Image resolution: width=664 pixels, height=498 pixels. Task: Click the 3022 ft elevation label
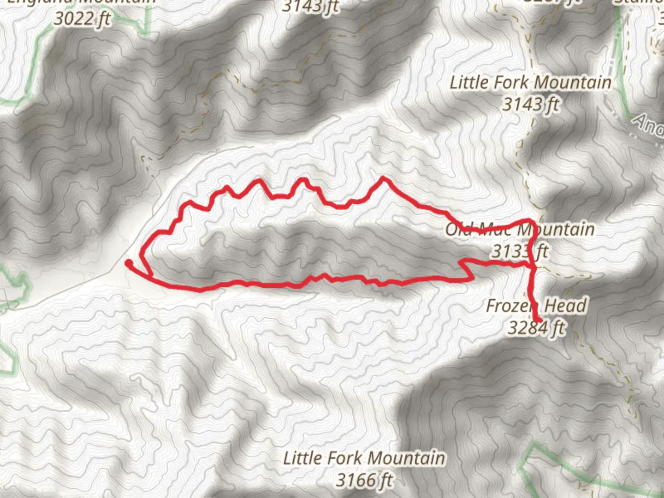click(82, 19)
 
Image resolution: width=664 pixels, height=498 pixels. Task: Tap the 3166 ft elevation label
click(364, 480)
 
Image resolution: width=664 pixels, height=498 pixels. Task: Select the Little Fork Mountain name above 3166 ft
click(364, 458)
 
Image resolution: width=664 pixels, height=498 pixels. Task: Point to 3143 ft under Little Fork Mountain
click(530, 104)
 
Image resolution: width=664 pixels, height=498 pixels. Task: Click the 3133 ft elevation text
click(520, 251)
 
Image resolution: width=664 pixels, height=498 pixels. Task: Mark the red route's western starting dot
click(129, 263)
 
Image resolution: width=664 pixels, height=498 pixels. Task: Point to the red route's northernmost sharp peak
click(383, 178)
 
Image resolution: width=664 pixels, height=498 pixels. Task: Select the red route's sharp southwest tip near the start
click(152, 276)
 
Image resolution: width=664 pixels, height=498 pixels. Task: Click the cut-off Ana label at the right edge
click(648, 124)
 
